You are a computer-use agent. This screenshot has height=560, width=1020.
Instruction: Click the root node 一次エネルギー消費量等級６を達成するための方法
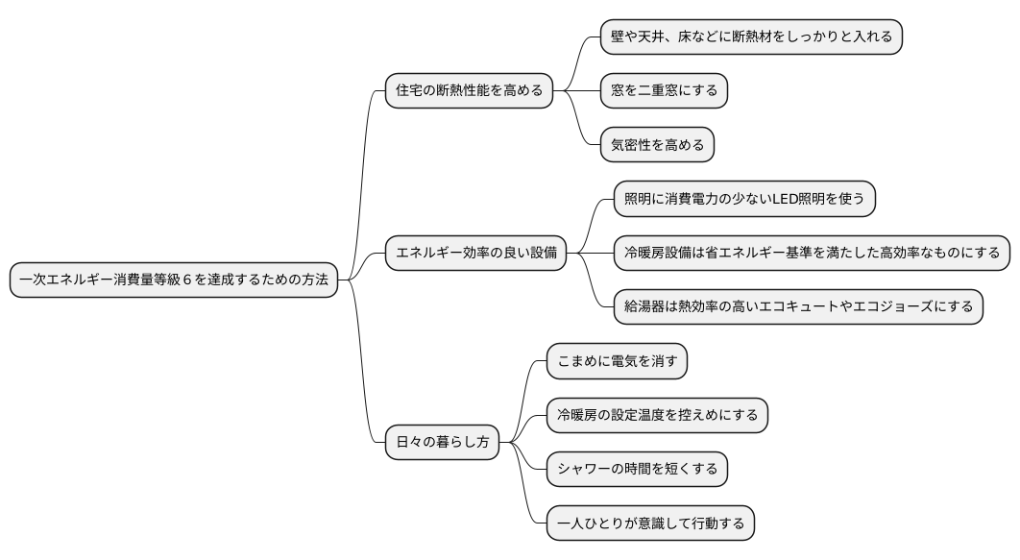[174, 280]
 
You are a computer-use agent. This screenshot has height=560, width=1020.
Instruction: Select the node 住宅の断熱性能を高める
[470, 91]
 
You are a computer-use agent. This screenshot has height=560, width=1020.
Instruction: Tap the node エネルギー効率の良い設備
[476, 254]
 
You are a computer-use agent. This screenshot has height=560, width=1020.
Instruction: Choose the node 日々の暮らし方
[443, 443]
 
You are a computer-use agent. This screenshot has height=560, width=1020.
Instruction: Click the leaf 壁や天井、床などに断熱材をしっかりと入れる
[751, 37]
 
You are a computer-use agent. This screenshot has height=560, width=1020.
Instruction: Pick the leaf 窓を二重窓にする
[664, 91]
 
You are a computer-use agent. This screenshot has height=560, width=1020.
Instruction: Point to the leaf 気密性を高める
[657, 145]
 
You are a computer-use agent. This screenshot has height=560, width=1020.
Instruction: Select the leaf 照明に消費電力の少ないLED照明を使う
[744, 199]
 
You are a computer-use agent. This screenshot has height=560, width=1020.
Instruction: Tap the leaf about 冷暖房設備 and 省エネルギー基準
[812, 254]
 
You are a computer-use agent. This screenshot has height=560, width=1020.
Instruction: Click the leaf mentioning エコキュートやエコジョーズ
[798, 307]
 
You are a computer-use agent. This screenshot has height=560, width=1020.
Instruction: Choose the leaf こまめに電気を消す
[617, 361]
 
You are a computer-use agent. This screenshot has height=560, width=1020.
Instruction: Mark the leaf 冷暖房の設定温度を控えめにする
[657, 415]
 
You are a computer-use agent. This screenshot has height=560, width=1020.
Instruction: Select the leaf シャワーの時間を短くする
[637, 470]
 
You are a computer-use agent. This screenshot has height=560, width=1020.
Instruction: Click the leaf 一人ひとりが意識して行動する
[650, 523]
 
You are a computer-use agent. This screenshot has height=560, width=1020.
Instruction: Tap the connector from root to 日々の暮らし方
[363, 384]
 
